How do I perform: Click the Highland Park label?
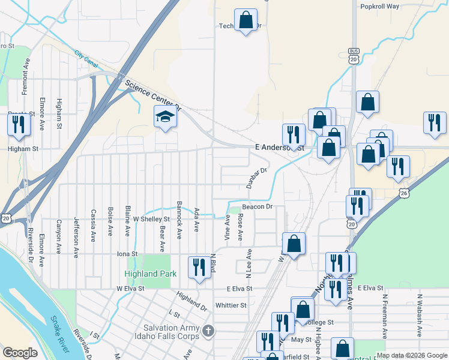(x=151, y=274)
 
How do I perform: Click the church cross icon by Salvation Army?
(x=208, y=331)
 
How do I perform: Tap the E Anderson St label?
(x=279, y=147)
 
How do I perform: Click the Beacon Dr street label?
(x=258, y=207)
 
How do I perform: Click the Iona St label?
(x=127, y=254)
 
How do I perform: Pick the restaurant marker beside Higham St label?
(x=17, y=124)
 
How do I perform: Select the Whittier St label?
(x=231, y=305)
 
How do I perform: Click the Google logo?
(x=20, y=353)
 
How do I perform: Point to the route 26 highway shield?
(x=405, y=193)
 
